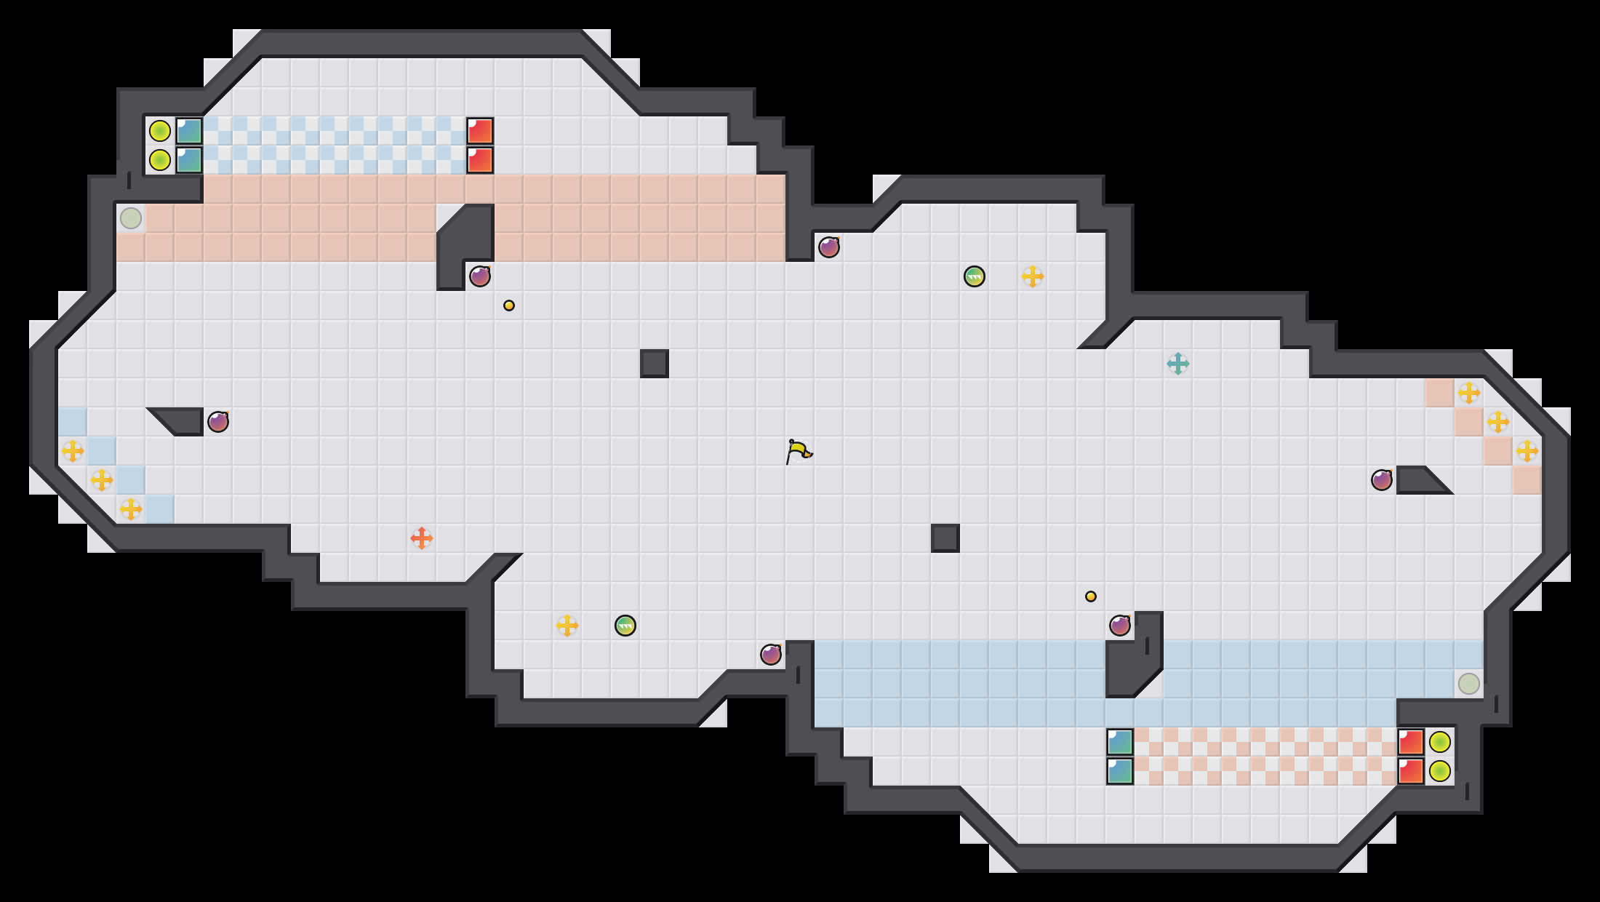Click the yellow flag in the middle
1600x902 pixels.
coord(799,451)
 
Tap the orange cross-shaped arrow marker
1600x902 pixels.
coord(422,538)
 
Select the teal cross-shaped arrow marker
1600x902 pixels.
coord(1178,364)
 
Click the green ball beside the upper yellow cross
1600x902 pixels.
coord(975,276)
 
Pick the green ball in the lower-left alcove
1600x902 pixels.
coord(625,626)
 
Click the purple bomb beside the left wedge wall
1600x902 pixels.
coord(218,422)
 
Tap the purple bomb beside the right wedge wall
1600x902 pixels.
coord(1382,480)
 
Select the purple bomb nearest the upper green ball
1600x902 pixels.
coord(829,247)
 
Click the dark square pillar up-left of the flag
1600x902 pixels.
coord(655,364)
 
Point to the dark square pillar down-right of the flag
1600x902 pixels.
coord(945,538)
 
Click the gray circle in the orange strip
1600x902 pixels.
coord(131,218)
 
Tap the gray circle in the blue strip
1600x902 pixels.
coord(1469,684)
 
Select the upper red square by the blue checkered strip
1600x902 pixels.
coord(480,131)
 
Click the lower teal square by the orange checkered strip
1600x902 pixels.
coord(1120,771)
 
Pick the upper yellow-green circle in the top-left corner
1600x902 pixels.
coord(160,131)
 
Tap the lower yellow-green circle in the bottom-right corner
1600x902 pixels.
coord(1440,771)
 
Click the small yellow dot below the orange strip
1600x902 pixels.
coord(509,306)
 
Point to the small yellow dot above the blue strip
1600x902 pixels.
coord(1091,596)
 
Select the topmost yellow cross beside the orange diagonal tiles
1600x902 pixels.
coord(1469,393)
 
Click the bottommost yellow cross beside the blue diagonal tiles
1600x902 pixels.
coord(131,509)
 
